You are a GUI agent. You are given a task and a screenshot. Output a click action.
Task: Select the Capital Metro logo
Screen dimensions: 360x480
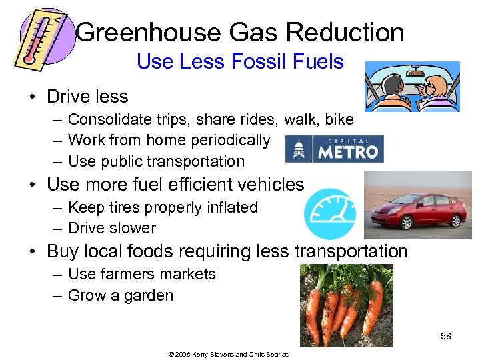pos(335,149)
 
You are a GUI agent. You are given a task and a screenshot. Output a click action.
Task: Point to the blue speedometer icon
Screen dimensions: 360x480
pos(329,214)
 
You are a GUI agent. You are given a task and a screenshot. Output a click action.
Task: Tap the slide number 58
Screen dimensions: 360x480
pos(445,336)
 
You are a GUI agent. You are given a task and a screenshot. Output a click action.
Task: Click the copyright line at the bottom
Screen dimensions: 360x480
pos(228,354)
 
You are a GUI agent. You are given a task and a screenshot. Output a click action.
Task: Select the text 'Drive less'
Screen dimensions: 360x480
pos(87,97)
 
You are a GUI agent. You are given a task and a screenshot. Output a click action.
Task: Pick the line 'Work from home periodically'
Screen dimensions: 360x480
pos(169,141)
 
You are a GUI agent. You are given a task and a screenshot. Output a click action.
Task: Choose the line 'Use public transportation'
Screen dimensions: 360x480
pos(156,161)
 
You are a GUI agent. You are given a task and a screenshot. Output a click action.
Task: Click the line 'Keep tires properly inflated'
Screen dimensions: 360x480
pos(163,207)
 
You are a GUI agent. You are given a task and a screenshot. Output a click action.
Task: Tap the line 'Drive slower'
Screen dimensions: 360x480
pos(111,228)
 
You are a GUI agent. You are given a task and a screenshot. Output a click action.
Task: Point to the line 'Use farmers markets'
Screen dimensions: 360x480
pos(141,274)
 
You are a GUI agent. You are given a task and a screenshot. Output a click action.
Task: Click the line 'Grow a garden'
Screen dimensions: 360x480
pos(120,295)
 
